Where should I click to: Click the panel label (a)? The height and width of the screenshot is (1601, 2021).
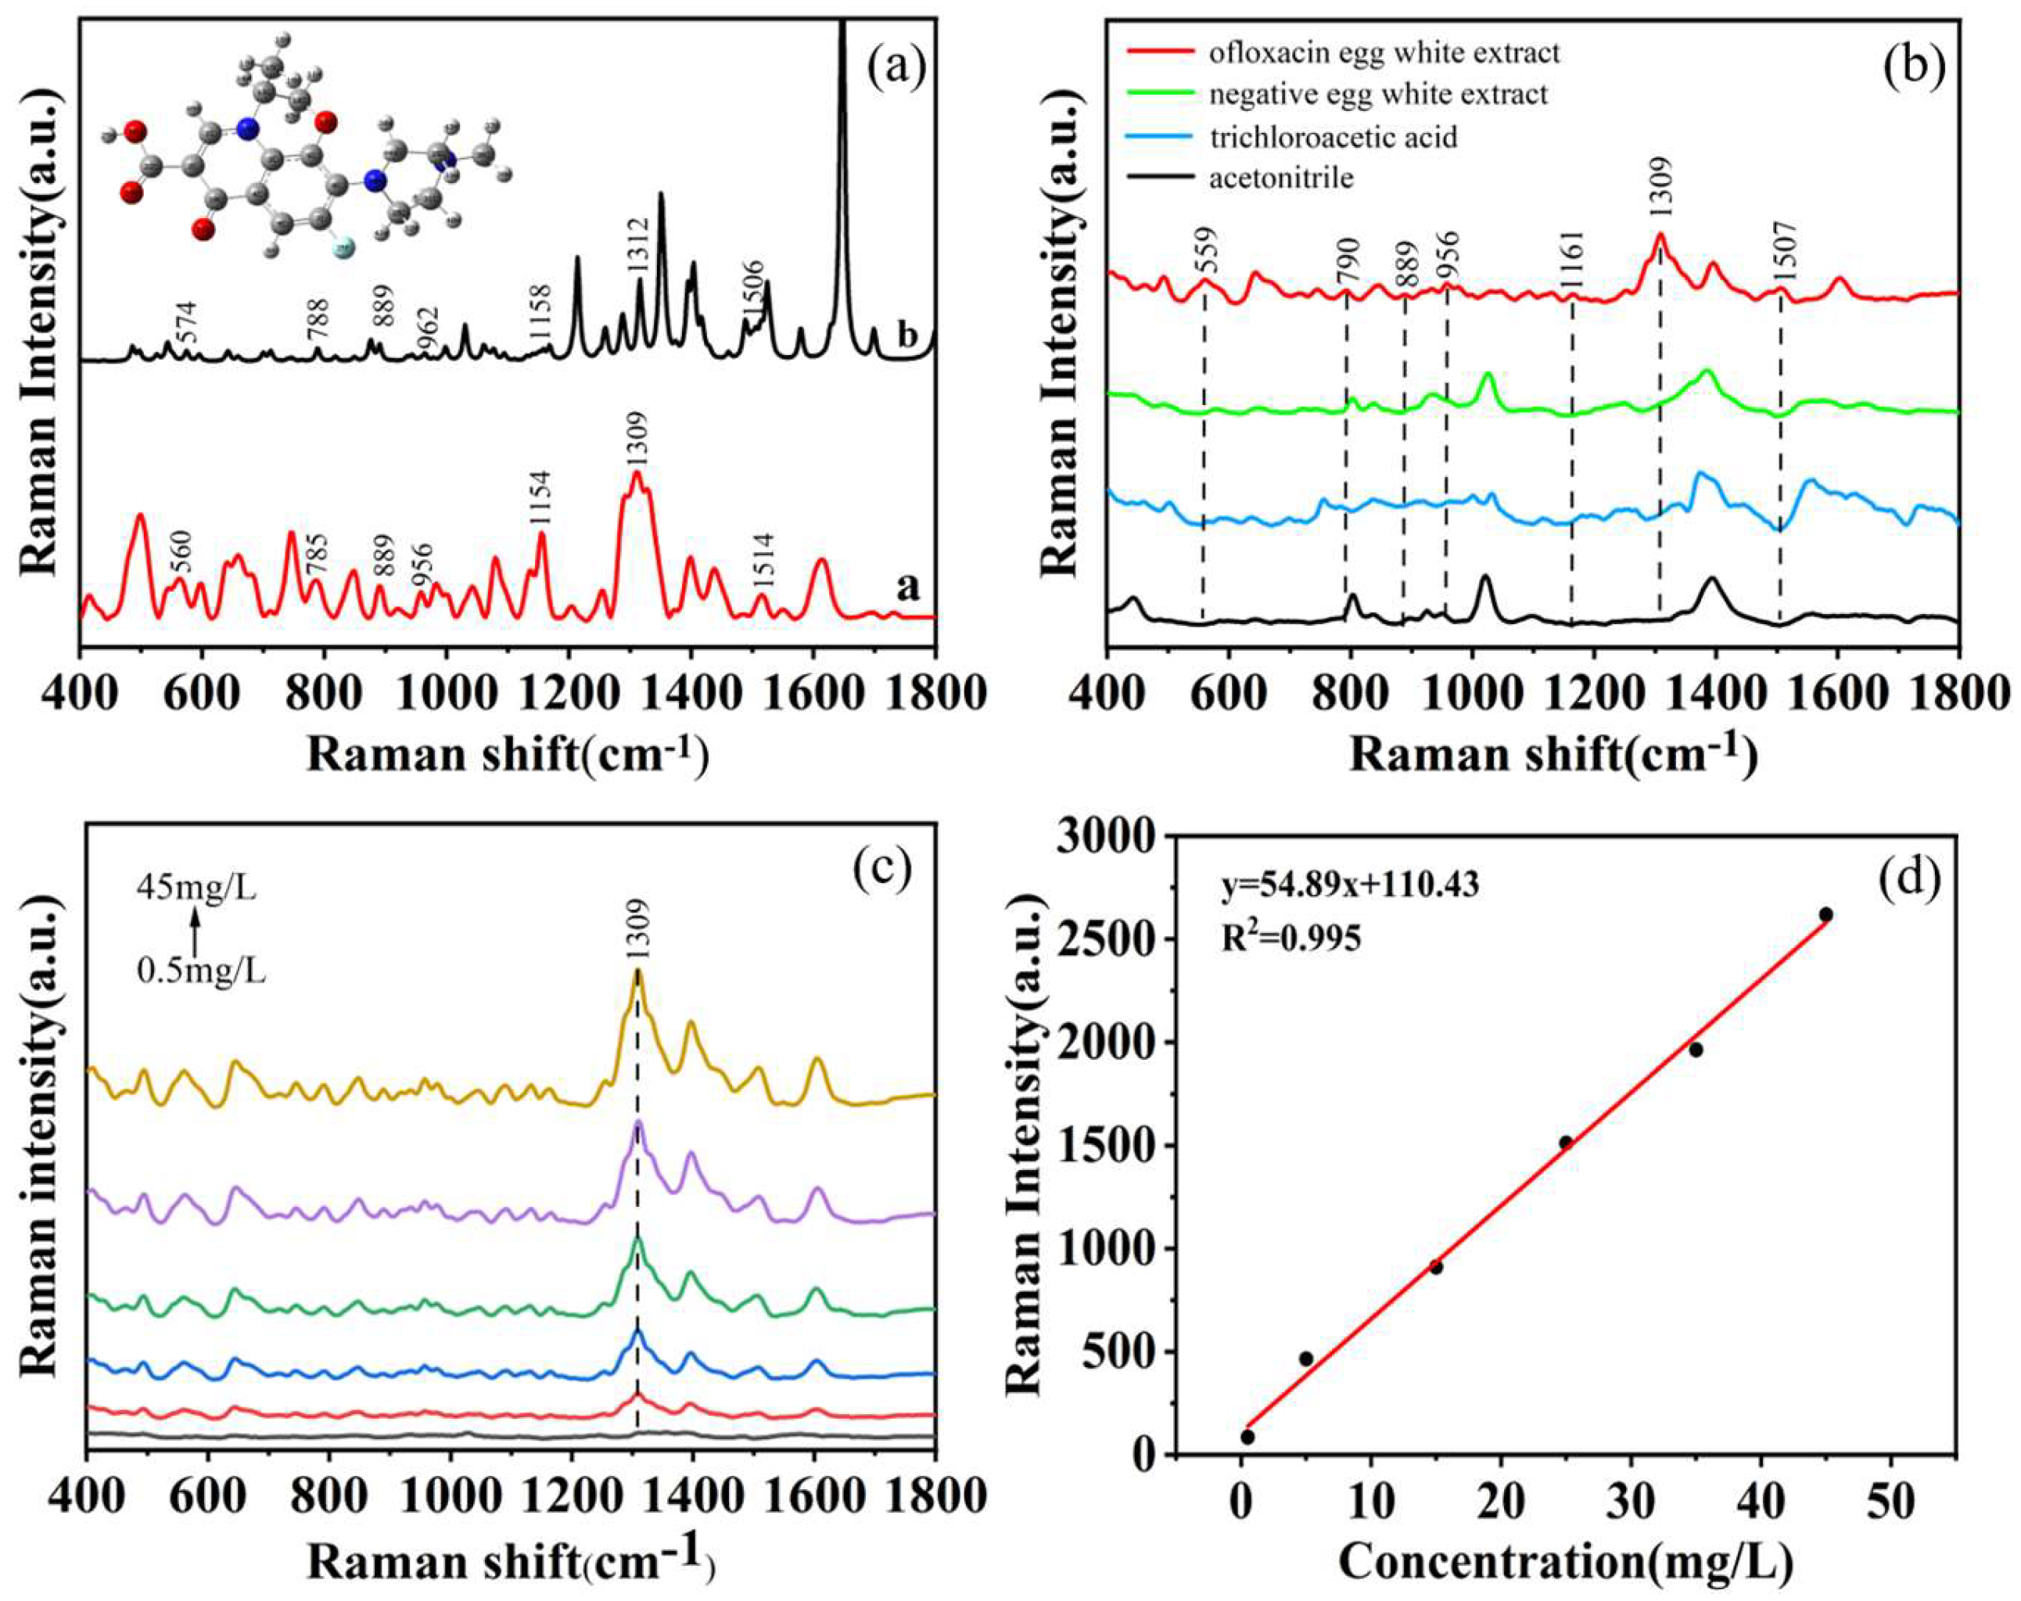click(x=896, y=68)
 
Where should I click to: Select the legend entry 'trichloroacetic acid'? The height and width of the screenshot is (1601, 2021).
click(x=1333, y=138)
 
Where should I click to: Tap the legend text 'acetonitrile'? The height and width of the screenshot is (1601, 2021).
click(x=1281, y=178)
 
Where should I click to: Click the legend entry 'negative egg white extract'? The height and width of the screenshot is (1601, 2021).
click(x=1378, y=95)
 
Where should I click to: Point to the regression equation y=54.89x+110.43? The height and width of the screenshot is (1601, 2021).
click(x=1351, y=884)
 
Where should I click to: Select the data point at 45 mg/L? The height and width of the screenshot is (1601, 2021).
click(x=1825, y=915)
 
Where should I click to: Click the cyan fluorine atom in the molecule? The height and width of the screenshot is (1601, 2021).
click(x=343, y=249)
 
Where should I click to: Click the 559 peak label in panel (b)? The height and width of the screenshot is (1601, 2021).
click(x=1209, y=250)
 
